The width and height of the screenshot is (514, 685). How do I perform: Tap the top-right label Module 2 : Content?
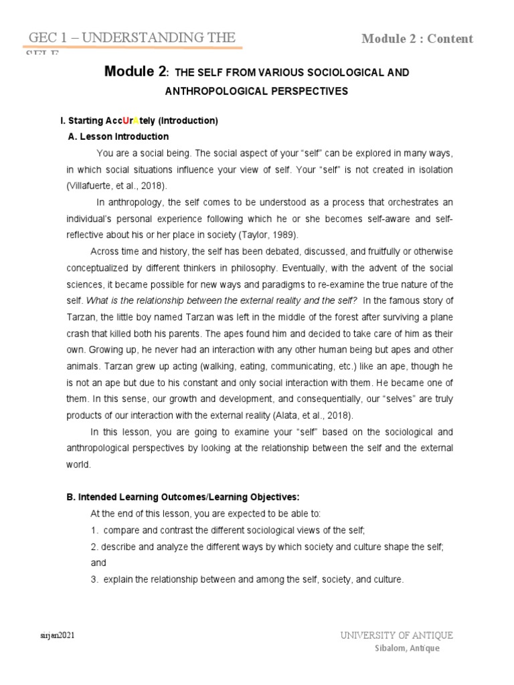(x=417, y=38)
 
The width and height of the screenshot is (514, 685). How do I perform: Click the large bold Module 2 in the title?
(x=134, y=72)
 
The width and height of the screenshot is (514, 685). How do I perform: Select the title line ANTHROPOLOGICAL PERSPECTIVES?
(x=257, y=92)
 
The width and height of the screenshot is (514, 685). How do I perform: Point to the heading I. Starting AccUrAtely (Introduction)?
(x=139, y=121)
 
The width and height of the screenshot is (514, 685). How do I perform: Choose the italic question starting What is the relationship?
(x=232, y=299)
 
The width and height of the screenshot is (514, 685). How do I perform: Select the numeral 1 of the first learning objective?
(x=94, y=530)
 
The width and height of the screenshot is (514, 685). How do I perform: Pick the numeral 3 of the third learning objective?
(x=94, y=579)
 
